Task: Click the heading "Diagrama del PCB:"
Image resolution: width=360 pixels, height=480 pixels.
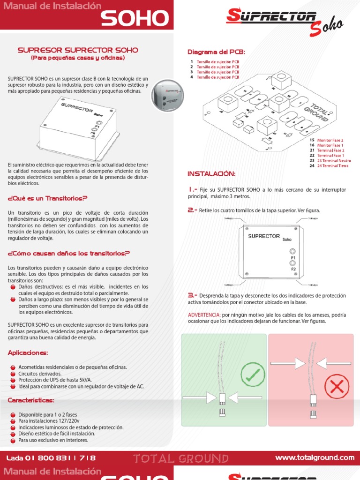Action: [216, 52]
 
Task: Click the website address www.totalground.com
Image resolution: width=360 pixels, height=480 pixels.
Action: [315, 457]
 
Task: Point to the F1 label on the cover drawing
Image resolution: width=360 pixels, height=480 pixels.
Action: [293, 257]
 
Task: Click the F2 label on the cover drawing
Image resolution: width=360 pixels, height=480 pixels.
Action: [293, 270]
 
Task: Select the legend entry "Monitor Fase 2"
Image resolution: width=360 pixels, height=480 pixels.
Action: [330, 140]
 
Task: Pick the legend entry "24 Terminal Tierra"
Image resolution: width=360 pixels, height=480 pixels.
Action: [333, 165]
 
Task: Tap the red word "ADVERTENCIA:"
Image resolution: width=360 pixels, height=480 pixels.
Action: [204, 315]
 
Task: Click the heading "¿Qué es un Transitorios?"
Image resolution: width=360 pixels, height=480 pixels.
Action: [48, 199]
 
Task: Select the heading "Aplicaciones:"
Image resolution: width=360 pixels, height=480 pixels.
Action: [28, 352]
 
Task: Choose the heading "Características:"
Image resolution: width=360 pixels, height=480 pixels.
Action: [31, 400]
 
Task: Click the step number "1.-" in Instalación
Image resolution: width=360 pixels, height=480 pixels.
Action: [193, 189]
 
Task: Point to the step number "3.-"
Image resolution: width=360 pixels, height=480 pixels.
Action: [193, 296]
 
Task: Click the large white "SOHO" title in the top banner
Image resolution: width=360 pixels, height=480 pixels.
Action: [135, 19]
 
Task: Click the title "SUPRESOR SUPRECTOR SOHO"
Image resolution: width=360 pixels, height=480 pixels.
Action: [78, 50]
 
